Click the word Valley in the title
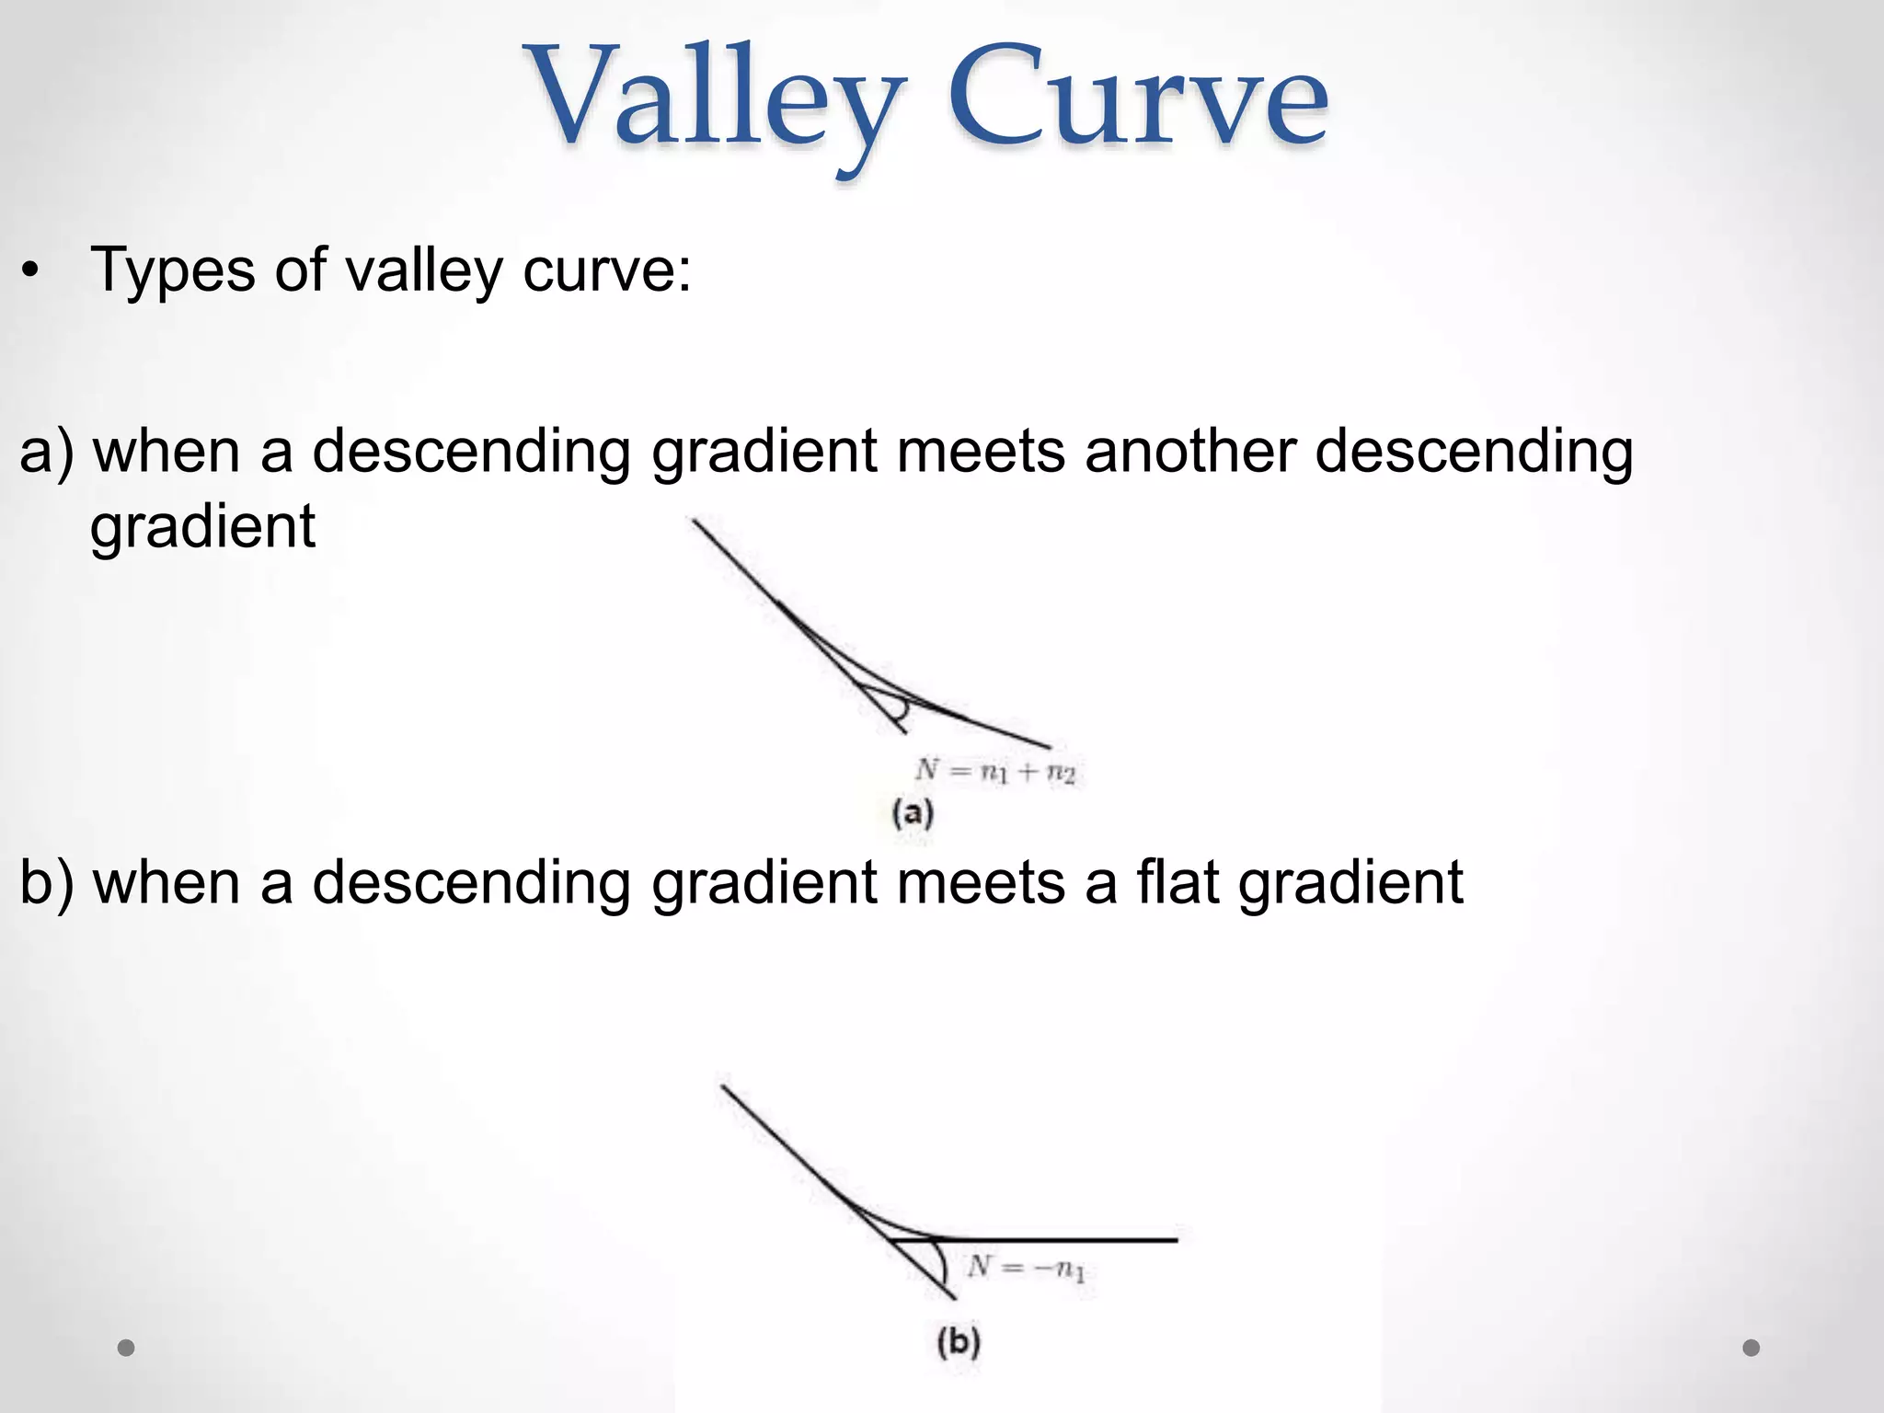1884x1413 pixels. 716,101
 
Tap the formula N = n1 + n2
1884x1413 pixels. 995,771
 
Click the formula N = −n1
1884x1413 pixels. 1026,1269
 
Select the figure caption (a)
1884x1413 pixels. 913,814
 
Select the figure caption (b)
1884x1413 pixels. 958,1342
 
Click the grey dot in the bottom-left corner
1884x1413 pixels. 126,1348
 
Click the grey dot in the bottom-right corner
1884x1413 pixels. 1752,1348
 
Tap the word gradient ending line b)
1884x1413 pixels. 1350,882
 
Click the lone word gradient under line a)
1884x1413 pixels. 202,527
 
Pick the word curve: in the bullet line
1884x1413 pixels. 606,270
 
